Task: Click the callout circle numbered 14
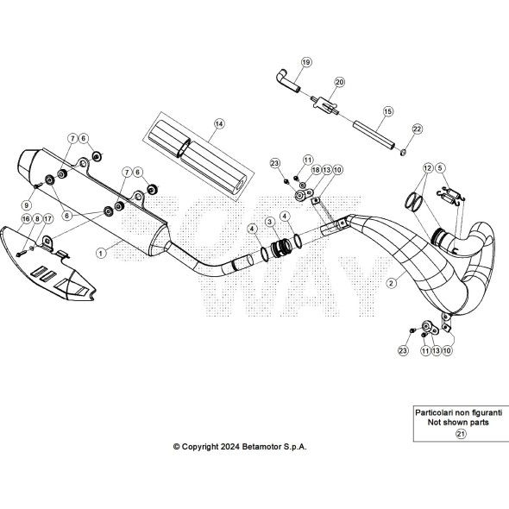(219, 123)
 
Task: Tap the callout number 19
(306, 62)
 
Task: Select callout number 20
(340, 82)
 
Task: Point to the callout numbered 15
(388, 111)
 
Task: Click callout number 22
(418, 129)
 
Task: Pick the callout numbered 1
(101, 253)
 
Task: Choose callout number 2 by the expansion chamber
(392, 283)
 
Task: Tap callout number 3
(270, 222)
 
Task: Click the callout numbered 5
(440, 168)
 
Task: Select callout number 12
(428, 168)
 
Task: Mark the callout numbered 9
(27, 205)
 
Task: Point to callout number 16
(26, 219)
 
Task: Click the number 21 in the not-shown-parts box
(461, 434)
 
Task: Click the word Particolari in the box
(434, 412)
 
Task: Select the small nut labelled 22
(403, 152)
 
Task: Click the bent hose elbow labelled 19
(288, 80)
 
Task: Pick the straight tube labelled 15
(374, 135)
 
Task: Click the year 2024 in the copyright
(230, 447)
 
